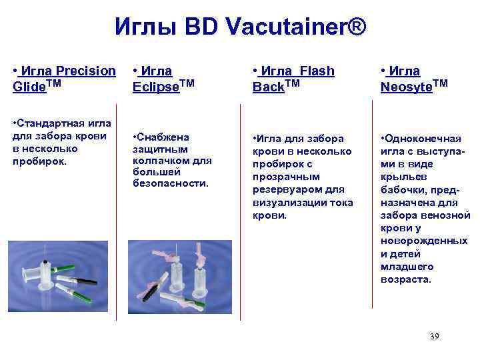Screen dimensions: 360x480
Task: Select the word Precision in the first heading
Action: (x=86, y=71)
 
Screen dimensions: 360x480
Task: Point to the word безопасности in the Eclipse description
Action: (x=171, y=183)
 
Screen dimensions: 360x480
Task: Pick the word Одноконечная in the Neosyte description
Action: (x=422, y=138)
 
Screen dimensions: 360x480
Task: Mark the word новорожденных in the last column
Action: (x=424, y=241)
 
